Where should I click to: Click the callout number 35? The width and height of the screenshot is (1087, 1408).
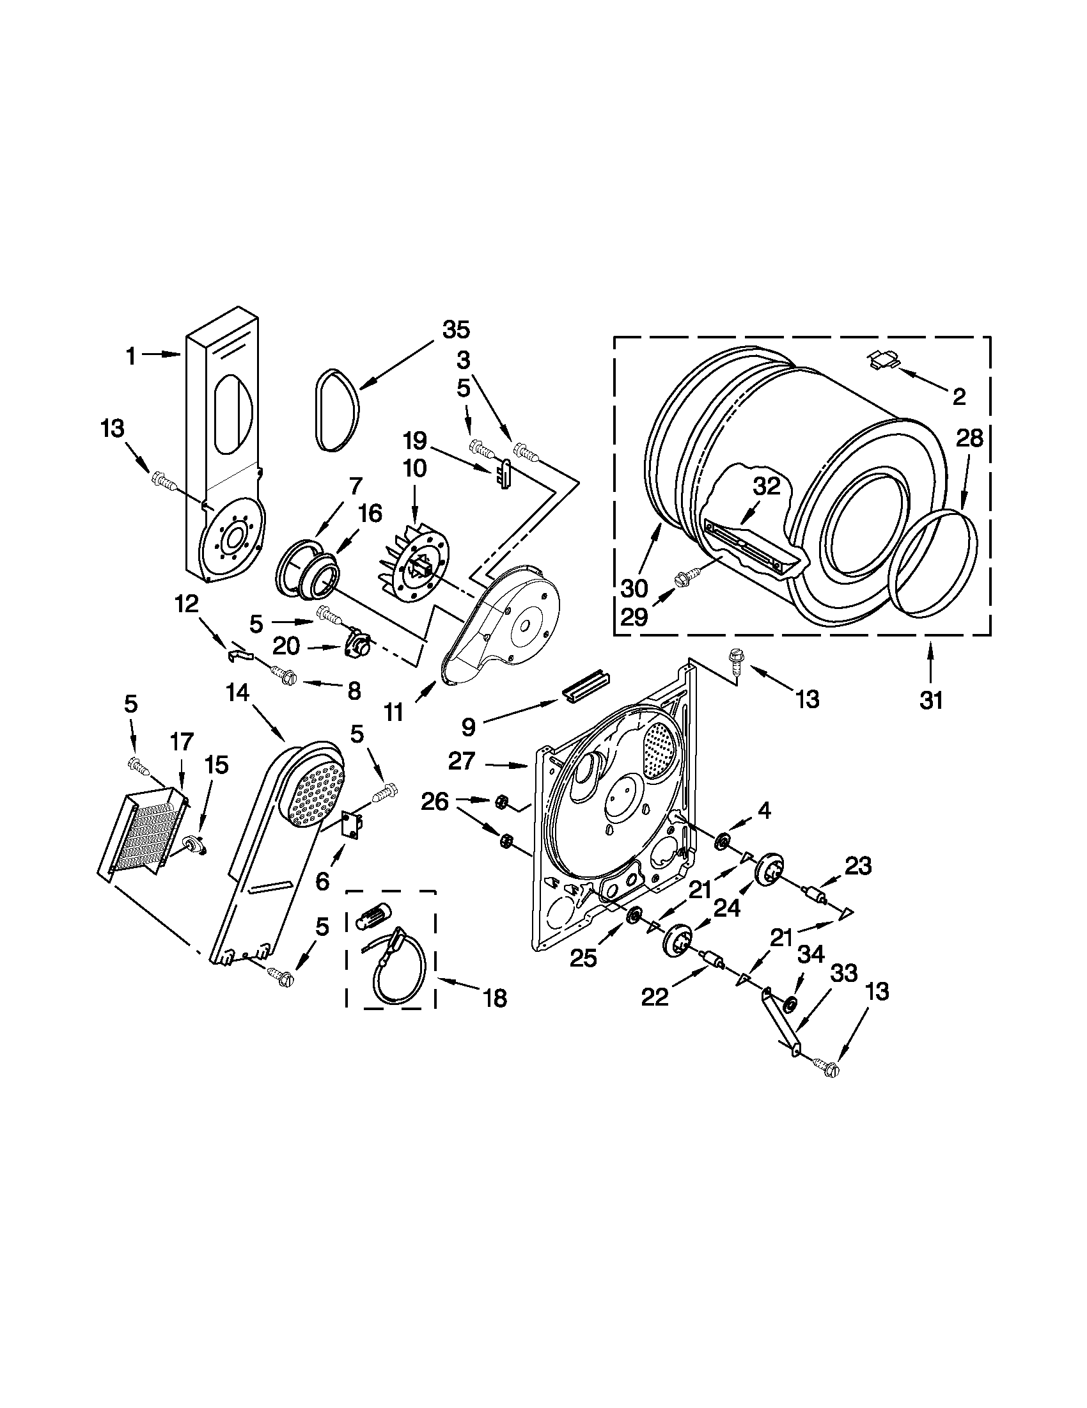(455, 330)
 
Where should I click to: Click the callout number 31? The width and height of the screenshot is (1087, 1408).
(931, 699)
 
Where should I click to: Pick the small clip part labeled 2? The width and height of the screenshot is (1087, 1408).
(882, 359)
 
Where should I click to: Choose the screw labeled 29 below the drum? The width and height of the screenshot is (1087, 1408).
(684, 580)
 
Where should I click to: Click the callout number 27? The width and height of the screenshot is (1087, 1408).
(462, 761)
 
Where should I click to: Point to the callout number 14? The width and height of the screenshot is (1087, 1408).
(237, 693)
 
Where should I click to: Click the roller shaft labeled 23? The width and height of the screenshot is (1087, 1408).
(814, 896)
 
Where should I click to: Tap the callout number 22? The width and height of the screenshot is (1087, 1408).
(655, 997)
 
